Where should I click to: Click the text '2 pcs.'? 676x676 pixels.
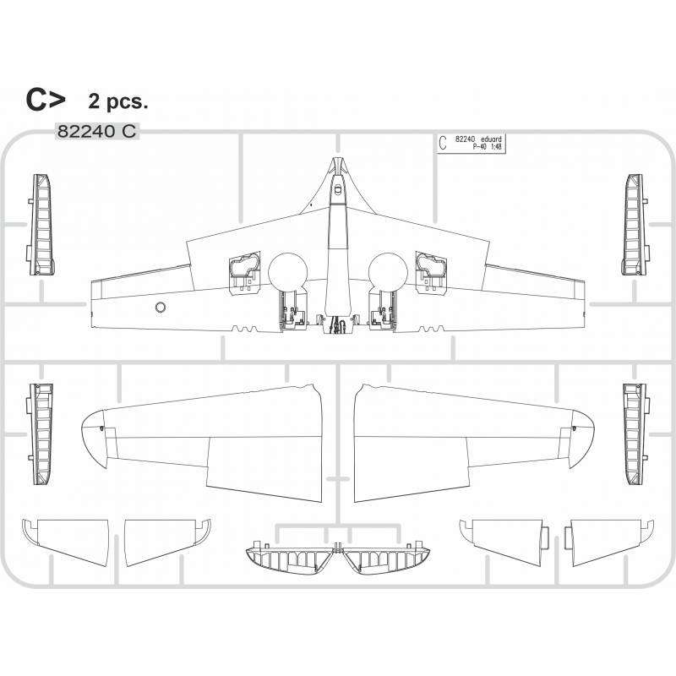(118, 101)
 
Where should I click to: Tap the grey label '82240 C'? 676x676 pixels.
(97, 131)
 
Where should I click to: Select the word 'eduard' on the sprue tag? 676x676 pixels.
(491, 139)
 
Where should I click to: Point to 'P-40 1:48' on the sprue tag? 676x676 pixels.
(488, 146)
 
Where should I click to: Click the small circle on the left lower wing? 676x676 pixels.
(161, 307)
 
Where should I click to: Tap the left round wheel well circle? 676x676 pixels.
(287, 272)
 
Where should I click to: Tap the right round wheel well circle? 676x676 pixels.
(388, 272)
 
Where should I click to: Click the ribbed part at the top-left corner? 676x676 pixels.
(41, 225)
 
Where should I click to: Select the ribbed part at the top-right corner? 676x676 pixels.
(635, 224)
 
